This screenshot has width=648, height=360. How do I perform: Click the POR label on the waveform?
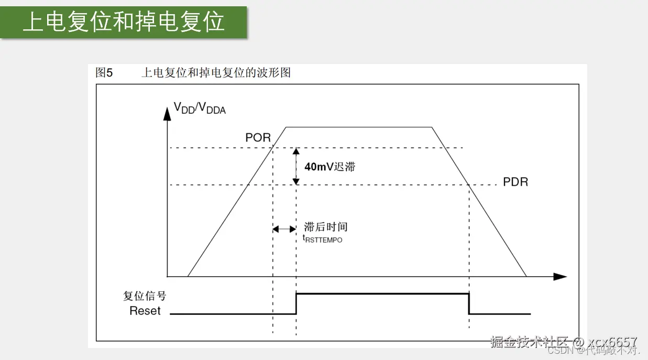tap(258, 137)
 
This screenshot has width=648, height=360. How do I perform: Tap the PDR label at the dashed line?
tap(515, 182)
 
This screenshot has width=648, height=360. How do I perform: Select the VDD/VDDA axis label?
tap(200, 108)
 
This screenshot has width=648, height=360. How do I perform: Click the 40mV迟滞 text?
tap(330, 167)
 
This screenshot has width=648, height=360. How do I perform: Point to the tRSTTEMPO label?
tap(323, 238)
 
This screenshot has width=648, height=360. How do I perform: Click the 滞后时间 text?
tap(326, 226)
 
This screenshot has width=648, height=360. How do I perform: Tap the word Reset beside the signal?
tap(145, 311)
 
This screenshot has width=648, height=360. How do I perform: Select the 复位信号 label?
tap(145, 296)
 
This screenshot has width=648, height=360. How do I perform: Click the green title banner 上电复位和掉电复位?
tap(124, 22)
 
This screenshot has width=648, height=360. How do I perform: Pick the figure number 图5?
tap(104, 73)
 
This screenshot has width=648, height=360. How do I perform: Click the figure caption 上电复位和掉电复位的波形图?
tap(216, 73)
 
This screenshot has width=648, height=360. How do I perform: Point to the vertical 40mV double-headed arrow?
tap(296, 166)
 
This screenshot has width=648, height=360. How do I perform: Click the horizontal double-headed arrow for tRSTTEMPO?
tap(284, 229)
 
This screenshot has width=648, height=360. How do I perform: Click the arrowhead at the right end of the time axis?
tap(561, 276)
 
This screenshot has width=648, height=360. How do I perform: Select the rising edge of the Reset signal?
tap(296, 303)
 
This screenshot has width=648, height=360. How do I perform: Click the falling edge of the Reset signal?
tap(468, 304)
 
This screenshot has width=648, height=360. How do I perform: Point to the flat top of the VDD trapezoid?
tap(359, 127)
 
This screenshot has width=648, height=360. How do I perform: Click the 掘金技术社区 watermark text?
tap(529, 342)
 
